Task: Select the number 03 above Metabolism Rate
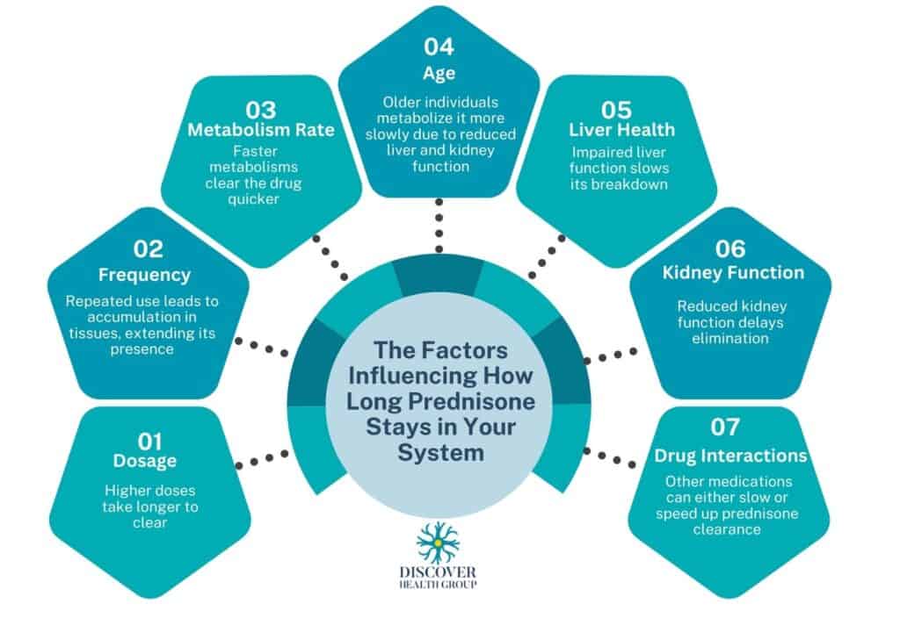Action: [262, 110]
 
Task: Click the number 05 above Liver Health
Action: [615, 110]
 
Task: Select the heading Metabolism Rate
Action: [262, 131]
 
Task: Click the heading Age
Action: [439, 74]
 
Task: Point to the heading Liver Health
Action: [615, 130]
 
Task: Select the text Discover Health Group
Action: [439, 578]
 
